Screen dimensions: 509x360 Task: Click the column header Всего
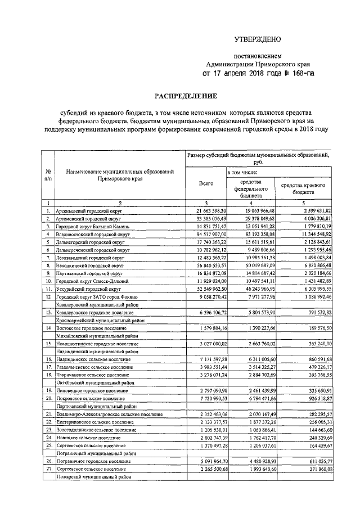click(x=206, y=183)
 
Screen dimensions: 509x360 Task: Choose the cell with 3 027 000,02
click(x=206, y=343)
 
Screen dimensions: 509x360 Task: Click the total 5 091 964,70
click(x=206, y=461)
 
